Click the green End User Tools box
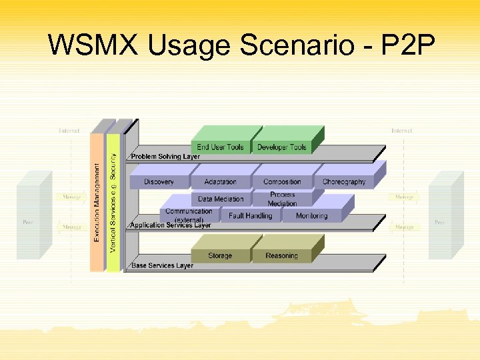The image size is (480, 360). pyautogui.click(x=221, y=147)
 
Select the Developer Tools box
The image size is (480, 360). pyautogui.click(x=282, y=147)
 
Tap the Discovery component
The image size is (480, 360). pyautogui.click(x=159, y=181)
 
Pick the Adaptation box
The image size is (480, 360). pyautogui.click(x=220, y=181)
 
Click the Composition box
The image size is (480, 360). pyautogui.click(x=282, y=181)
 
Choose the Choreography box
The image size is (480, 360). pyautogui.click(x=344, y=181)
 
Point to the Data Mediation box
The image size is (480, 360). pyautogui.click(x=221, y=199)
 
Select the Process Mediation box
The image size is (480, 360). pyautogui.click(x=282, y=199)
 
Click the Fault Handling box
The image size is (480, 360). pyautogui.click(x=250, y=215)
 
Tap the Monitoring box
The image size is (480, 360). pyautogui.click(x=311, y=215)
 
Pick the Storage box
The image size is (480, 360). pyautogui.click(x=220, y=255)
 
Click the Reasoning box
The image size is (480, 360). pyautogui.click(x=281, y=255)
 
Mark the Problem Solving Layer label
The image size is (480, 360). pyautogui.click(x=165, y=157)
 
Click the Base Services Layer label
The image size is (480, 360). pyautogui.click(x=162, y=265)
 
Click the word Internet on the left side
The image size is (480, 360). pyautogui.click(x=69, y=131)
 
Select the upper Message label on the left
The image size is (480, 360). pyautogui.click(x=71, y=197)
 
